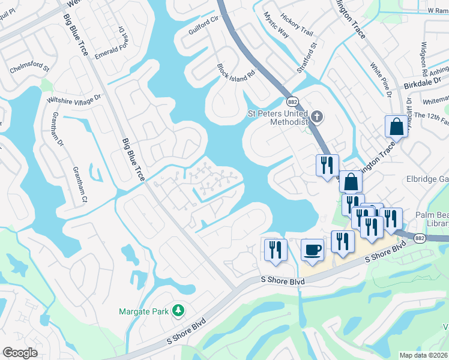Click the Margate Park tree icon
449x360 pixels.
[178, 310]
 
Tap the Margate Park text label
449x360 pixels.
[144, 311]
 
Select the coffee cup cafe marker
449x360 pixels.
[312, 250]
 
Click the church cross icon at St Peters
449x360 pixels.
[318, 115]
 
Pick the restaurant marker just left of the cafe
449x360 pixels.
[276, 249]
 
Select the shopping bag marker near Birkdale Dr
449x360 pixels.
[396, 127]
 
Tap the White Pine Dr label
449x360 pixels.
[381, 80]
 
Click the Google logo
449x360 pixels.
[20, 353]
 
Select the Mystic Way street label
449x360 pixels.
[276, 25]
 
